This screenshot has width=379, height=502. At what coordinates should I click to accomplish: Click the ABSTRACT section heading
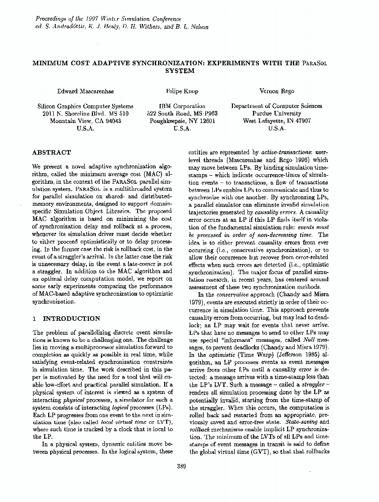(x=51, y=152)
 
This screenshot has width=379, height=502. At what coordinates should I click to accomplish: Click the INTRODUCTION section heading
(x=72, y=318)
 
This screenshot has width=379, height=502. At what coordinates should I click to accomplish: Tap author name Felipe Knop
(x=181, y=91)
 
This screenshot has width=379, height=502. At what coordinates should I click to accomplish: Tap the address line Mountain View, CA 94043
(x=86, y=121)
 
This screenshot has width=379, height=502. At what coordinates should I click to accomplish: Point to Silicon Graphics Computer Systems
(x=86, y=106)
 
